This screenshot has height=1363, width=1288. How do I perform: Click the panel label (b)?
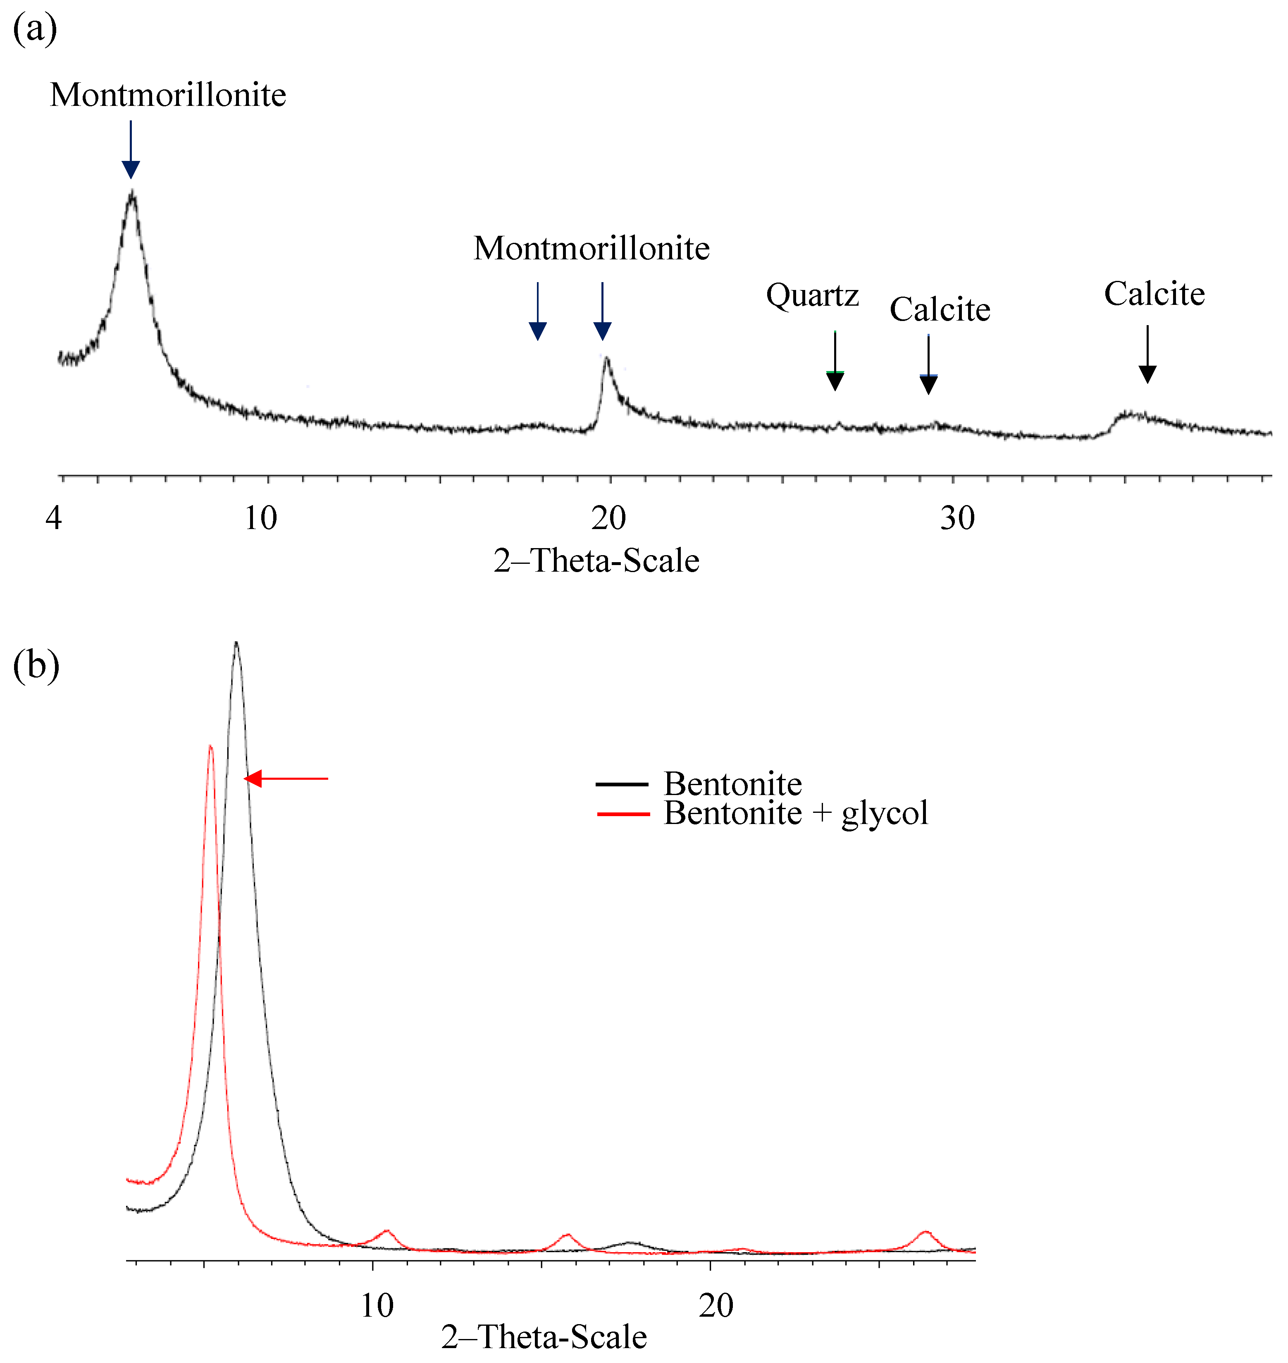click(x=36, y=665)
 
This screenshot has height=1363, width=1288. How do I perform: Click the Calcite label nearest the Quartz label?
click(x=940, y=310)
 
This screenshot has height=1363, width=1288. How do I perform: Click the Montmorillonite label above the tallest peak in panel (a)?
click(x=168, y=95)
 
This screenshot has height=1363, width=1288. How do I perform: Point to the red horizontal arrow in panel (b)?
click(x=286, y=779)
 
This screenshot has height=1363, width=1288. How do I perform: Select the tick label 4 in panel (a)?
click(x=54, y=518)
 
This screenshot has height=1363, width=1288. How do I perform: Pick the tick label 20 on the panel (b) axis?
click(x=716, y=1305)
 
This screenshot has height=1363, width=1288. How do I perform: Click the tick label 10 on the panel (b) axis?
click(x=377, y=1305)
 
